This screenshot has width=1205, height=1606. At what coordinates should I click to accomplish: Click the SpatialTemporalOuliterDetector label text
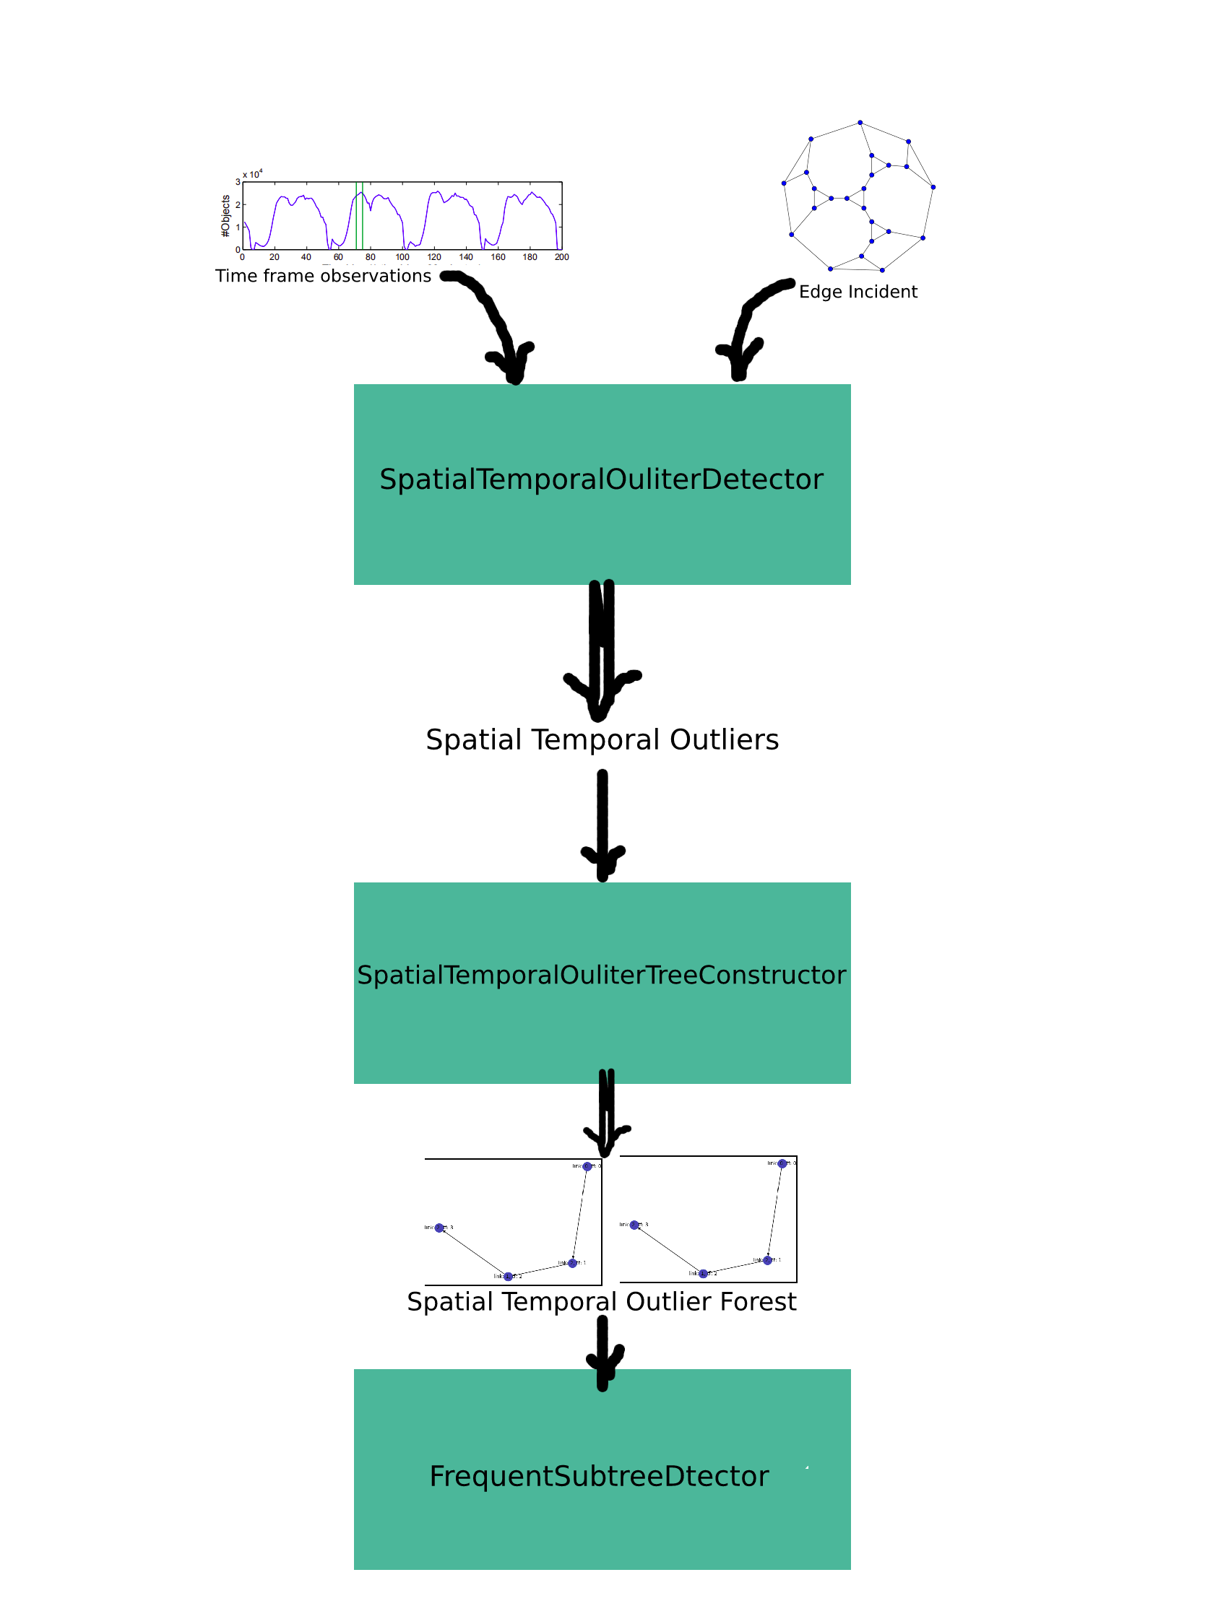(x=601, y=480)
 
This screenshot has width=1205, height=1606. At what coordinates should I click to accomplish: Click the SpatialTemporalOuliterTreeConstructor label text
(x=601, y=975)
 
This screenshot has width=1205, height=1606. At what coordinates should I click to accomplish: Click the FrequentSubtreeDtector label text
(x=598, y=1476)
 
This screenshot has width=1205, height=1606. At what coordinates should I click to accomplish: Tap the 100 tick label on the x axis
(x=402, y=257)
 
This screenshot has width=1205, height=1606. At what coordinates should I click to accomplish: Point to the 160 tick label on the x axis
(x=498, y=257)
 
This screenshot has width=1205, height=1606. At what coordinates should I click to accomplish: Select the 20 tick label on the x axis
(x=275, y=257)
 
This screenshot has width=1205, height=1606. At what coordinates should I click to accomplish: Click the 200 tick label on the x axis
(x=561, y=257)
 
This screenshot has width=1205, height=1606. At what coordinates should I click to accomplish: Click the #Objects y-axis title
(x=226, y=216)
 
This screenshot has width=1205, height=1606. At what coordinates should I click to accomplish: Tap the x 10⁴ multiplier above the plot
(x=252, y=174)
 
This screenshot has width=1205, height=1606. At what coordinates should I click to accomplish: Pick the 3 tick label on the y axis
(x=238, y=182)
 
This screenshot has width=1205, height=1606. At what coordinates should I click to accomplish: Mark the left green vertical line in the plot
(x=357, y=216)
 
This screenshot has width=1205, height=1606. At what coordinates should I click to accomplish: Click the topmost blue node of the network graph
(x=860, y=123)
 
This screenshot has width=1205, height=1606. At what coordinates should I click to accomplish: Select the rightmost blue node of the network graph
(x=933, y=187)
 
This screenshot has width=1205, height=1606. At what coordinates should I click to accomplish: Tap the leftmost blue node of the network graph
(x=784, y=183)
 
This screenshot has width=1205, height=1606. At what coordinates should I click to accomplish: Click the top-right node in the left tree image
(x=587, y=1167)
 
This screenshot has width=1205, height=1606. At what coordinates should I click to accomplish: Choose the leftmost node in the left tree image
(x=439, y=1228)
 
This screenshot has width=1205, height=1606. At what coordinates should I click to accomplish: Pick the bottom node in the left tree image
(x=509, y=1277)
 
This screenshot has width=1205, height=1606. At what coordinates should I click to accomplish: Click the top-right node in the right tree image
(x=782, y=1164)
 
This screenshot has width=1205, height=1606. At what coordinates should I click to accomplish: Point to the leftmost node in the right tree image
(x=635, y=1225)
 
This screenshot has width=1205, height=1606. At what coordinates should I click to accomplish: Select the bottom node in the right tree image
(x=703, y=1274)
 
